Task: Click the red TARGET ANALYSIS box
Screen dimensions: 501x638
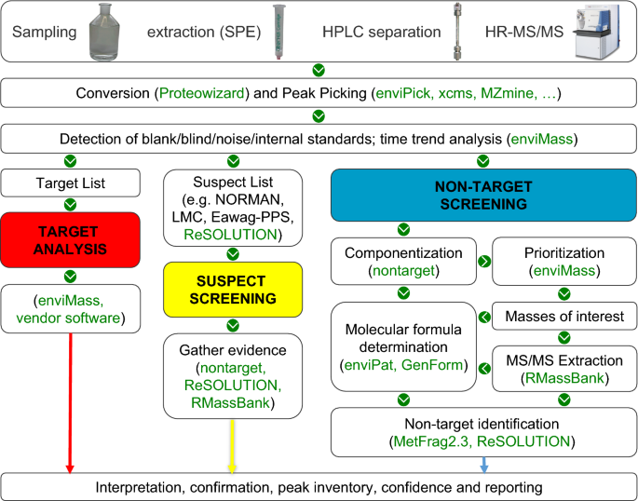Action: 70,237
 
